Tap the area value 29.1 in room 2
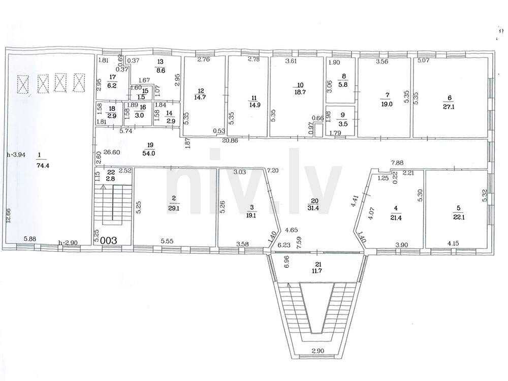coord(174,209)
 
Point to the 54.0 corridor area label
coord(148,153)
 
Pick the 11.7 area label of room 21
coord(319,271)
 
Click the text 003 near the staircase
coord(109,240)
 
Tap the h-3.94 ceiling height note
coord(16,154)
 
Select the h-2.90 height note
coord(68,243)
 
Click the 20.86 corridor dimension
coord(230,141)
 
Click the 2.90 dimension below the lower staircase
coord(319,351)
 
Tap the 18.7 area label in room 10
coord(300,92)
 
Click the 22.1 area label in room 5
coord(459,217)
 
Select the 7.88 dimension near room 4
coord(397,163)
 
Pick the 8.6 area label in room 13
coord(161,70)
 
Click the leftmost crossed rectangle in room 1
coord(23,84)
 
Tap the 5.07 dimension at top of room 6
coord(424,60)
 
